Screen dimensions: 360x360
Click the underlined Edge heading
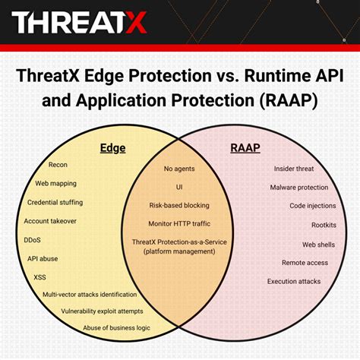pos(113,149)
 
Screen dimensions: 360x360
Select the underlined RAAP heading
pos(245,149)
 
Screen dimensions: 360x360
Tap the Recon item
pos(58,165)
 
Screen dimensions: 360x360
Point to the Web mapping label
pos(56,183)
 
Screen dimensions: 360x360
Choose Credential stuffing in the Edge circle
pos(55,202)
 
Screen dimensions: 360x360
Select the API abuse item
pos(43,258)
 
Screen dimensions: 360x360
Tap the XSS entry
pos(39,276)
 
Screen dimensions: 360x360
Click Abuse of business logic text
pos(116,327)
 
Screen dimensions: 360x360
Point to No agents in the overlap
pos(179,169)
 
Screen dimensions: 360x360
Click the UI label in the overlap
pos(179,187)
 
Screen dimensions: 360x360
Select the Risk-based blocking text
pos(179,205)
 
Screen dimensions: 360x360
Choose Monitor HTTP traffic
pos(179,223)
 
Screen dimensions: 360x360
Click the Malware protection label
pos(299,187)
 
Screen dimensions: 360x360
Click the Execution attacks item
pos(294,281)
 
